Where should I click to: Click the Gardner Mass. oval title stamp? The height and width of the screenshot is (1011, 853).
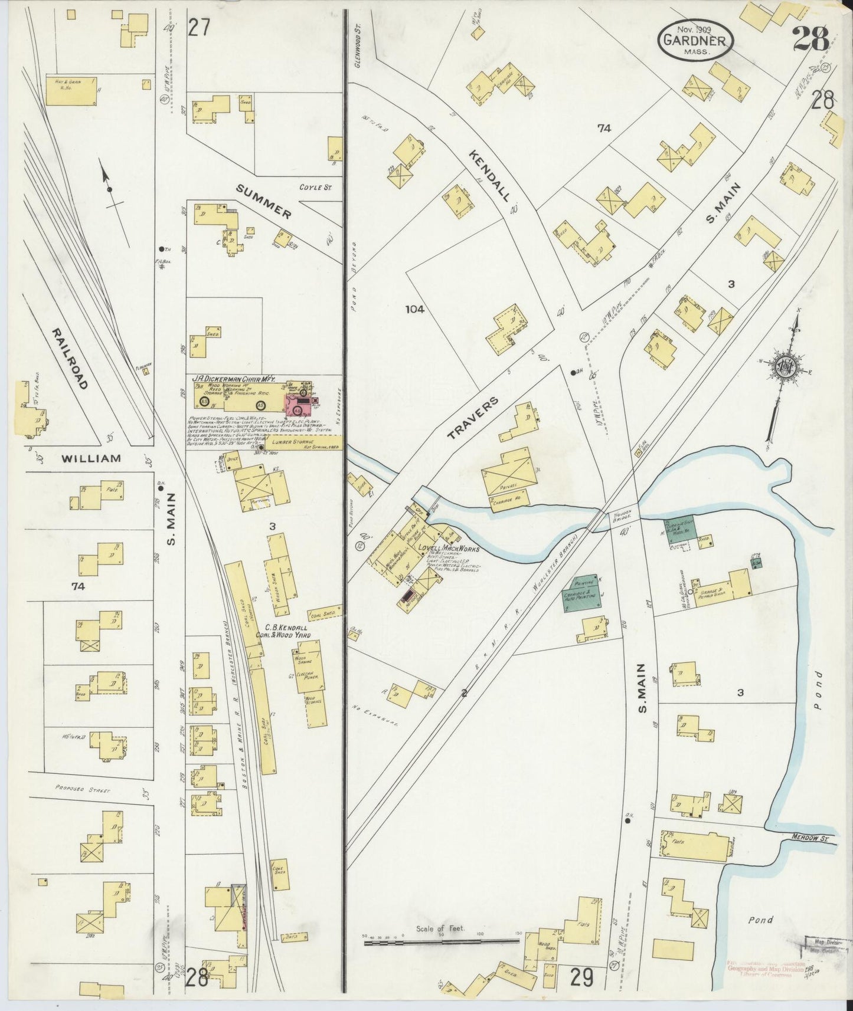[696, 38]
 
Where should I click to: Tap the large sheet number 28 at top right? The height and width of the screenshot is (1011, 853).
[811, 40]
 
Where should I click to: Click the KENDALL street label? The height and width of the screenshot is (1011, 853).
[489, 176]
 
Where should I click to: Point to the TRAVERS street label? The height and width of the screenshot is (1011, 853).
[473, 418]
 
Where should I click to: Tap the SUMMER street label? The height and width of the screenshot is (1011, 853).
[263, 201]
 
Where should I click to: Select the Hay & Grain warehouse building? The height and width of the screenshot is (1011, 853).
[71, 90]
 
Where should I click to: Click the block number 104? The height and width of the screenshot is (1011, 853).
[416, 308]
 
